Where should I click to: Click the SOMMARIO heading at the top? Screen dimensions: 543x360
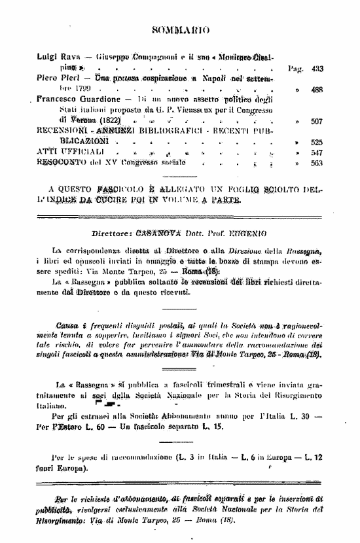(180, 29)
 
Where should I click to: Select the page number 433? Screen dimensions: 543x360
(317, 68)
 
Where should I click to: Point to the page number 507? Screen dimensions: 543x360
(317, 121)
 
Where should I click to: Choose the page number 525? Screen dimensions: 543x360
(317, 142)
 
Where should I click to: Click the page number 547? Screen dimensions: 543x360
(317, 152)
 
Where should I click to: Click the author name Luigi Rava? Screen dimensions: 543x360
(55, 58)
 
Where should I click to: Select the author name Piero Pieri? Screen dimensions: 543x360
(54, 78)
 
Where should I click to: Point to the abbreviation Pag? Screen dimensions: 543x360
(295, 68)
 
